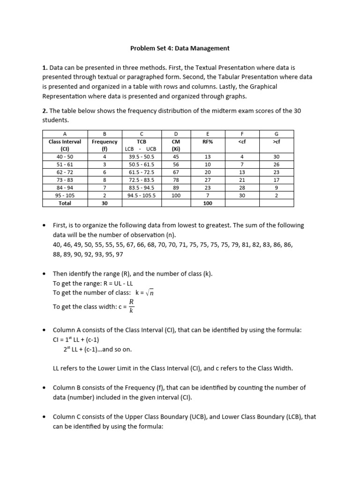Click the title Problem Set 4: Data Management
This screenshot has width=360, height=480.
(x=180, y=48)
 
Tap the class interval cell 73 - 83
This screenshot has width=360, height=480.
(x=65, y=180)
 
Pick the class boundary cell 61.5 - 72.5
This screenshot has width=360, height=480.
(x=141, y=172)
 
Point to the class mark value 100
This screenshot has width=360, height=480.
(x=176, y=195)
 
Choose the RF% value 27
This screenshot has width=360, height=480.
(x=208, y=180)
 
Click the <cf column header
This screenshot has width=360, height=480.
(x=242, y=141)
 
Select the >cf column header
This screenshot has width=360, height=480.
(x=276, y=141)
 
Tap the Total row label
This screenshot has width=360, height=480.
(x=65, y=203)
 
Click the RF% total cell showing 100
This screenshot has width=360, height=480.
(x=208, y=203)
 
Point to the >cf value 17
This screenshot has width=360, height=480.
(x=276, y=180)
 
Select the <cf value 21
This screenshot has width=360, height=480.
(x=242, y=180)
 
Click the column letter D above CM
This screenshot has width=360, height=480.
(x=176, y=134)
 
